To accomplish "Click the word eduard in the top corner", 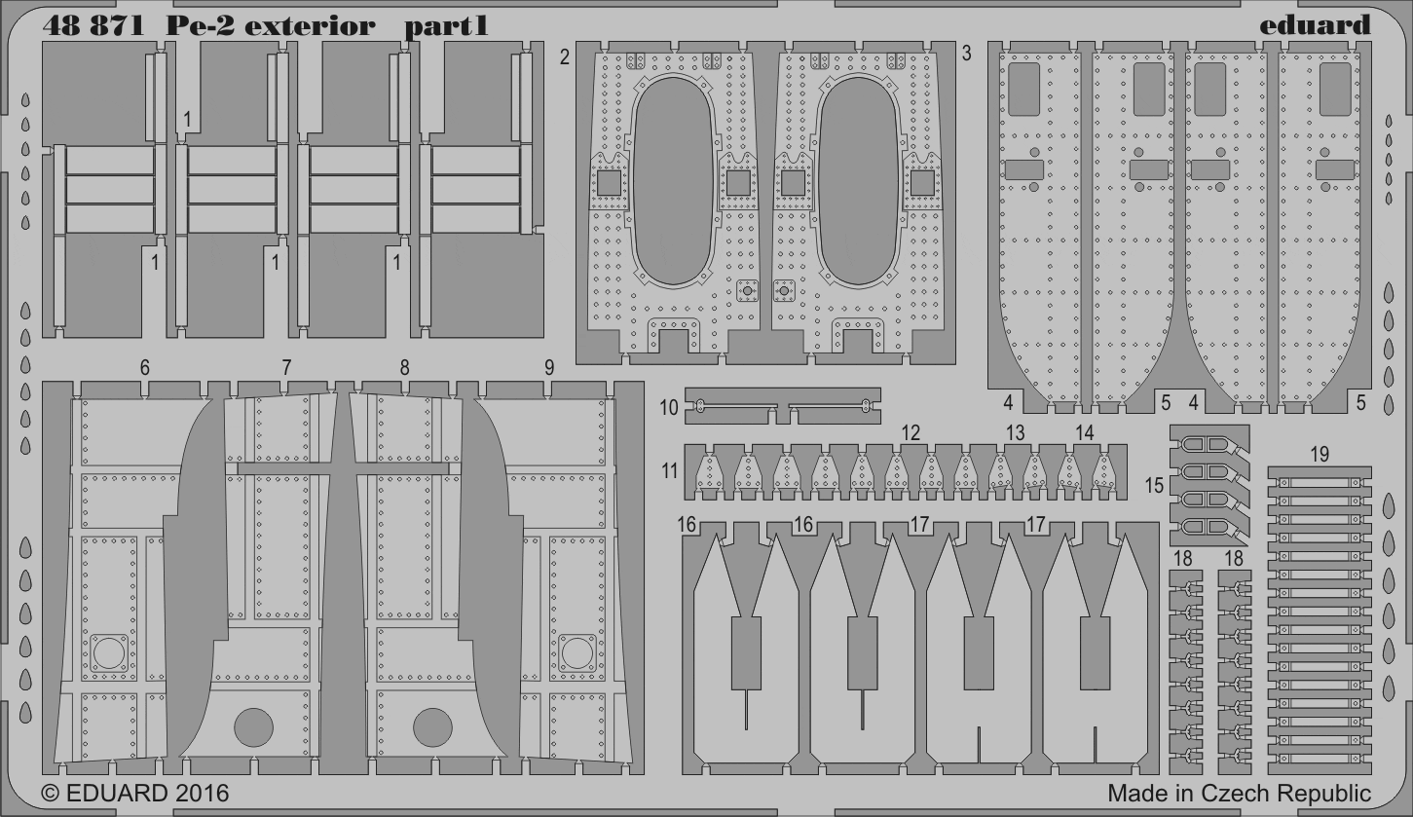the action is click(x=1315, y=25).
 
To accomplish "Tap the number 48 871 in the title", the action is click(x=94, y=26).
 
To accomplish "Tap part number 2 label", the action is click(x=565, y=57).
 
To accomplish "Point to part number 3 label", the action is click(x=966, y=55).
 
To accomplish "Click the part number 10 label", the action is click(x=669, y=408).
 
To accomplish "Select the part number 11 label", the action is click(x=669, y=470).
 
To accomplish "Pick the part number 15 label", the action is click(x=1154, y=485).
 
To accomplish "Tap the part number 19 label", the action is click(x=1319, y=454).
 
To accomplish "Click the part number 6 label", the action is click(x=145, y=368).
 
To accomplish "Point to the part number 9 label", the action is click(x=549, y=368).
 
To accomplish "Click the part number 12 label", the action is click(x=911, y=432).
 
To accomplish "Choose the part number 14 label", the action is click(x=1085, y=432).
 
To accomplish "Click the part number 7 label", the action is click(x=286, y=368).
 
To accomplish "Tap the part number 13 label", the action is click(x=1015, y=432).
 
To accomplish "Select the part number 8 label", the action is click(x=404, y=368).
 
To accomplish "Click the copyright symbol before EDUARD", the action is click(x=51, y=794).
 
